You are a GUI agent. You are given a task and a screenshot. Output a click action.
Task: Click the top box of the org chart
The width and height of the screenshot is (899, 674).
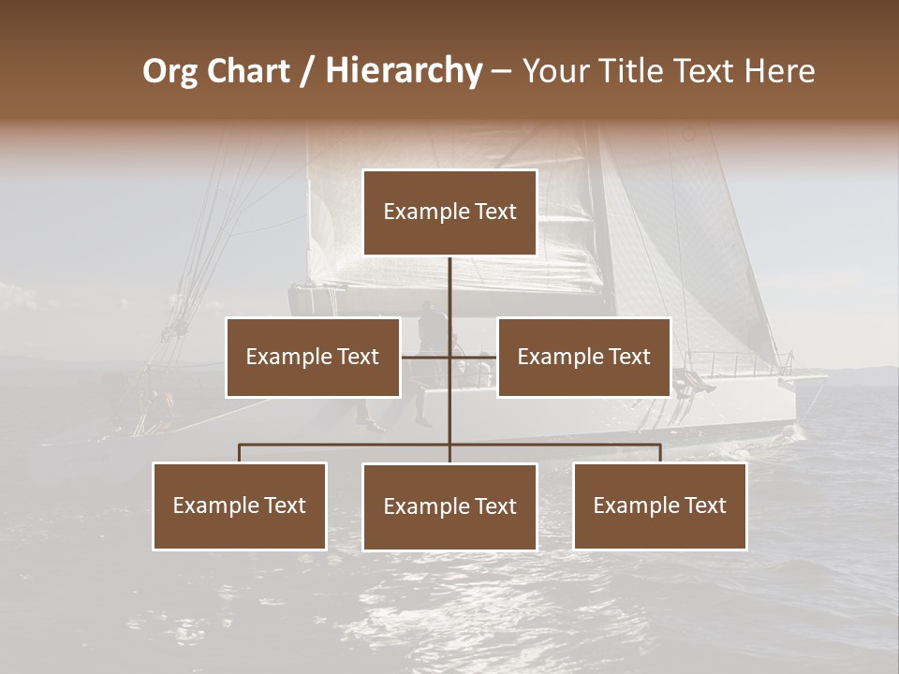coord(449,212)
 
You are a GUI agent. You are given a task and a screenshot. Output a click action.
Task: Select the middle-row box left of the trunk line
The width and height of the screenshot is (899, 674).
coord(313,357)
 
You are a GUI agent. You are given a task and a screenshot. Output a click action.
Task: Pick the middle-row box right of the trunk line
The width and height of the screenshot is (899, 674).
coord(583,357)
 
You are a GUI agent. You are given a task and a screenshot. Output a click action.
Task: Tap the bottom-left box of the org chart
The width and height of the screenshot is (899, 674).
coord(240,505)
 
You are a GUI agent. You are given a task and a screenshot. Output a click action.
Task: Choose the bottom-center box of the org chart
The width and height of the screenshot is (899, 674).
coord(449,506)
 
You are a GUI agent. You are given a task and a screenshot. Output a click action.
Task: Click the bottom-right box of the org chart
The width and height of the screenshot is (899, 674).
coord(660,505)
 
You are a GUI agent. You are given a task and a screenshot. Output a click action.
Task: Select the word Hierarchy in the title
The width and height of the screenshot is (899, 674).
coord(403,71)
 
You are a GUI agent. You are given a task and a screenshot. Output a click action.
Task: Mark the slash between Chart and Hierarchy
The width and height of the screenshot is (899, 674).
coord(308,71)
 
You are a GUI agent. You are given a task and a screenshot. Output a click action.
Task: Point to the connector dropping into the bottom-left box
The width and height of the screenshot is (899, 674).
coord(240,453)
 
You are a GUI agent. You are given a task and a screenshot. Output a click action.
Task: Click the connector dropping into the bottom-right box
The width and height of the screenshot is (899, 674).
coord(660,453)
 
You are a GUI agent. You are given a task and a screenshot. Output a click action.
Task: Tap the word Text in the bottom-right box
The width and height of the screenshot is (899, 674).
coord(705,505)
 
